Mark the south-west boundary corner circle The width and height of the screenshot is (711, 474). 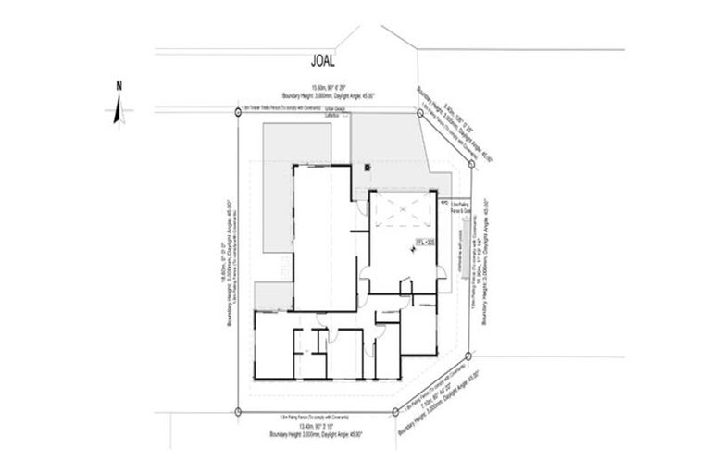pos(239,412)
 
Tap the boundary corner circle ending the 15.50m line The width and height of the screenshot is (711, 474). pos(420,112)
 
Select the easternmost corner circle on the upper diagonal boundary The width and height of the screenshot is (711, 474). pos(471,164)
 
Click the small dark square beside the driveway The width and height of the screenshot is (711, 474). pos(368,167)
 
